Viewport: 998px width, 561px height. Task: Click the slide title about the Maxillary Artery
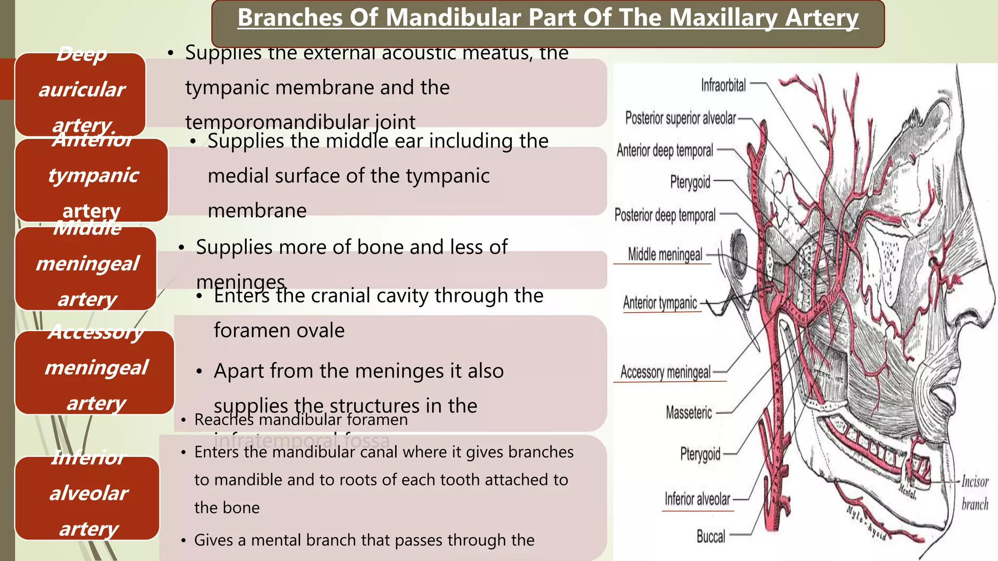pyautogui.click(x=548, y=19)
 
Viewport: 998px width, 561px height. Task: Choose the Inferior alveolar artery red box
pyautogui.click(x=88, y=497)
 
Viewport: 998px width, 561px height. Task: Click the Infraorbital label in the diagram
pyautogui.click(x=723, y=86)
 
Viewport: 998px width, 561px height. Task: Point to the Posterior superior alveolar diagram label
pyautogui.click(x=680, y=118)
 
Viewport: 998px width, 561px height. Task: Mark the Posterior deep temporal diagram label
pyautogui.click(x=665, y=215)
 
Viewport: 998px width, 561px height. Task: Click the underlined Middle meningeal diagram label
pyautogui.click(x=665, y=254)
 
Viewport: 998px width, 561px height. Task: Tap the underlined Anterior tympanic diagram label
pyautogui.click(x=660, y=303)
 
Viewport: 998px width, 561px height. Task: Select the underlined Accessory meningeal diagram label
pyautogui.click(x=665, y=373)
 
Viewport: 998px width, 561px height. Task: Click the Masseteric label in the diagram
pyautogui.click(x=689, y=413)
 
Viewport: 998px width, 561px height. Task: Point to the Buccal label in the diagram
pyautogui.click(x=710, y=537)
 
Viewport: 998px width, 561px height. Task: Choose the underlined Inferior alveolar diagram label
pyautogui.click(x=697, y=499)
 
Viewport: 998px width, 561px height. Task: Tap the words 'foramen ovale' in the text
pyautogui.click(x=279, y=331)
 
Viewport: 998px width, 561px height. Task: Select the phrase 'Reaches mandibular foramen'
pyautogui.click(x=301, y=420)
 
